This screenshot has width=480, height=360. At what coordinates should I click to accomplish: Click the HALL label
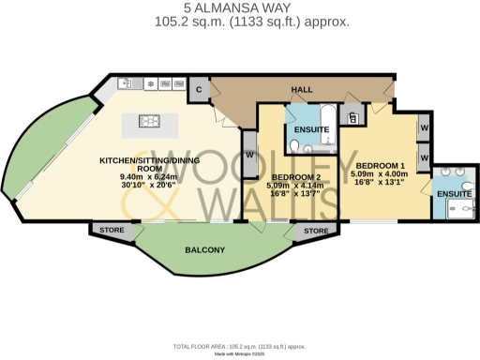click(x=302, y=89)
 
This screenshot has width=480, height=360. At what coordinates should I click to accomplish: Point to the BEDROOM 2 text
click(x=296, y=176)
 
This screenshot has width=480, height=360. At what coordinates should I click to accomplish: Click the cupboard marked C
click(x=199, y=89)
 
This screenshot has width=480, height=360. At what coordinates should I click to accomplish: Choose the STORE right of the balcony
click(x=316, y=230)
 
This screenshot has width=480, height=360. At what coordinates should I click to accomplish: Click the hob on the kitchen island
click(x=151, y=120)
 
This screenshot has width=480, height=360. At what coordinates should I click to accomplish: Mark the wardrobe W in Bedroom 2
click(x=250, y=155)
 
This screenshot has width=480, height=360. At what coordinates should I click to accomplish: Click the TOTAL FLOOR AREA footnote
click(x=239, y=346)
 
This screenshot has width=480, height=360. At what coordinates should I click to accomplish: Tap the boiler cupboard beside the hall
click(x=352, y=117)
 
